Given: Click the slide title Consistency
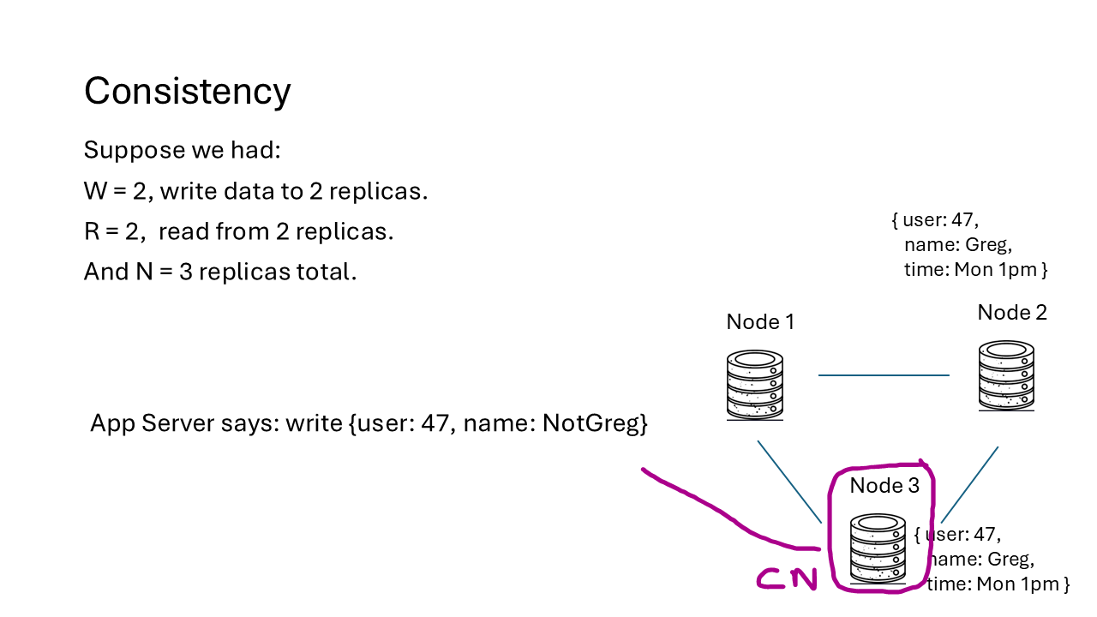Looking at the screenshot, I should point(187,91).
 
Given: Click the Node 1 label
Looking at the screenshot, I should point(760,321).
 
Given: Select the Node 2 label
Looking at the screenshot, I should point(1011,312).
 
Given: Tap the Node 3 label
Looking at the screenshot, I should point(884,486).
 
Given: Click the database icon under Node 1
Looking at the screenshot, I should point(755,385).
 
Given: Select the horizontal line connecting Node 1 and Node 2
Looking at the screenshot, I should point(884,375).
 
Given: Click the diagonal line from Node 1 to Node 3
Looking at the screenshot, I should point(789,482).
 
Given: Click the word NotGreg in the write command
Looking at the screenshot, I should point(594,423).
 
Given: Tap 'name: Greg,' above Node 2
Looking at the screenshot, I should point(957,244).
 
